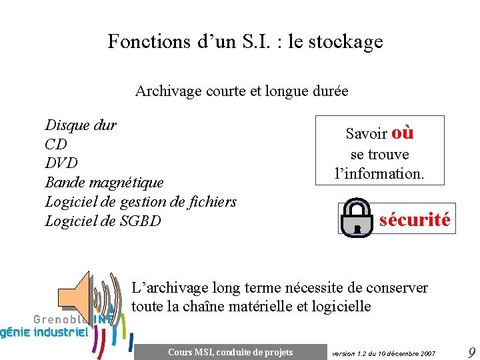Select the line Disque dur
coord(80,125)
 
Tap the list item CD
coord(56,144)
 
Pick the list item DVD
coord(61,163)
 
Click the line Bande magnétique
coord(103,182)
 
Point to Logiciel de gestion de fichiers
coord(140,201)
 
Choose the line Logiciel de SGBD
coord(103,221)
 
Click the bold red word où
coord(403,133)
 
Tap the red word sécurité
coord(415,219)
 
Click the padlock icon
coord(357,216)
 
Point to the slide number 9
coord(471,352)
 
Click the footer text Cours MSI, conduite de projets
coord(230,352)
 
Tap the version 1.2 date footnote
coord(383,353)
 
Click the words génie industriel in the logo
coord(44,332)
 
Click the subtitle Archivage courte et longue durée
coord(241,91)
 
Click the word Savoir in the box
coord(367,133)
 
